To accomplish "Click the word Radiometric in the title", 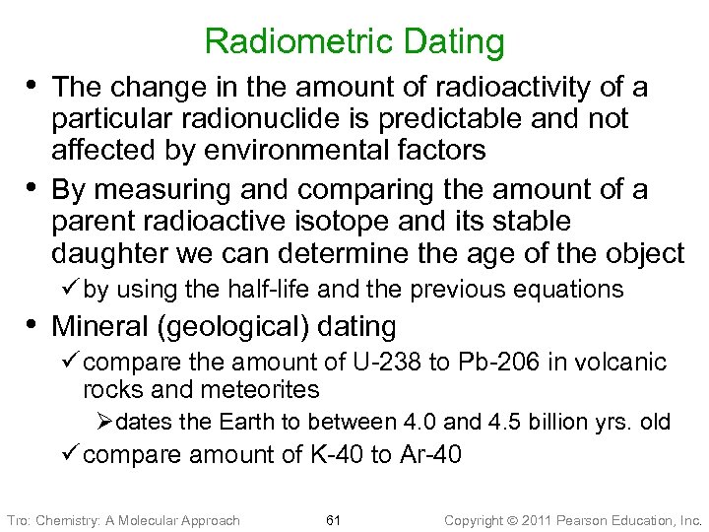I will click(290, 41).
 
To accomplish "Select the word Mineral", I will click(97, 325).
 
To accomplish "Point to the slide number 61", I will click(332, 519).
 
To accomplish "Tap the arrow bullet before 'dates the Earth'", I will click(105, 422).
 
